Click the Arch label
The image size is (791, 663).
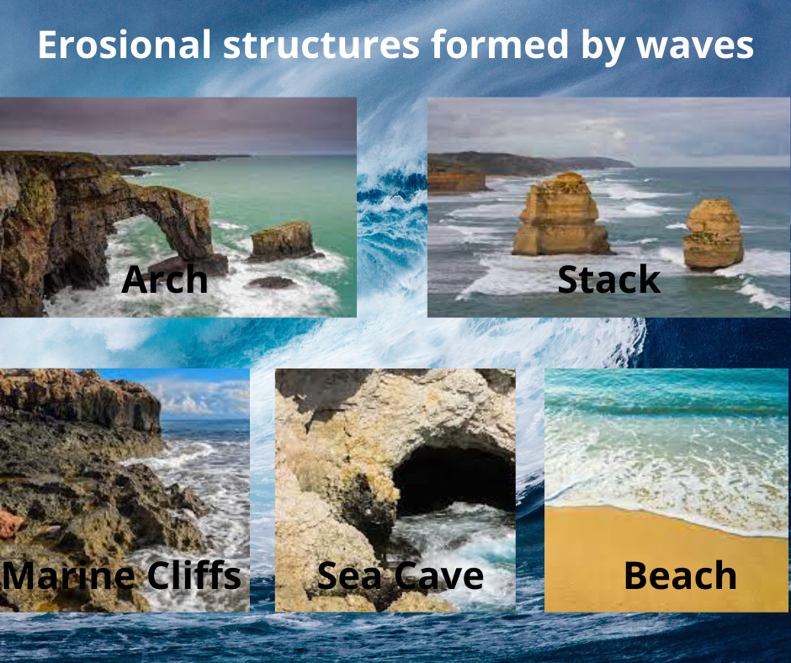pyautogui.click(x=164, y=279)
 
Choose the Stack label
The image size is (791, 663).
pyautogui.click(x=608, y=279)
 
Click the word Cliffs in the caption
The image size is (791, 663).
pyautogui.click(x=193, y=576)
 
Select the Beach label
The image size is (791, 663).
pyautogui.click(x=680, y=576)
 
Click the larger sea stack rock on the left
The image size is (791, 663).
pyautogui.click(x=560, y=215)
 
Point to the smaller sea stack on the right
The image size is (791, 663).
pyautogui.click(x=714, y=233)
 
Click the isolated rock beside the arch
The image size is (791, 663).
pyautogui.click(x=282, y=241)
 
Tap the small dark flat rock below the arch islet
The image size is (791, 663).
pyautogui.click(x=271, y=282)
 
